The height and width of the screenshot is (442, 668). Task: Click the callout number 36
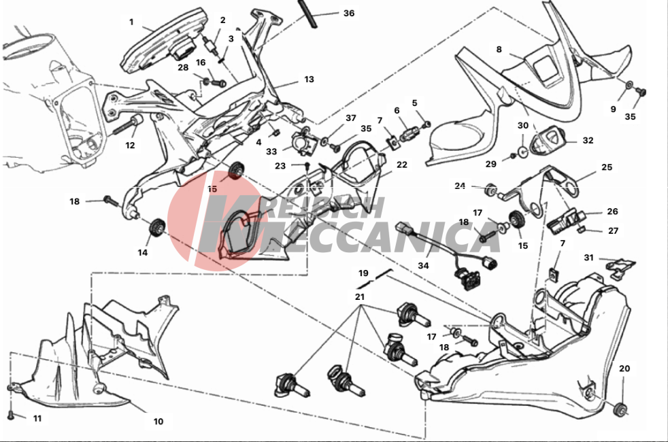348,14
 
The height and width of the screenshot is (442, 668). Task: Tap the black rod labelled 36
307,14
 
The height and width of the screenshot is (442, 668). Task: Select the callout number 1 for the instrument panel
131,22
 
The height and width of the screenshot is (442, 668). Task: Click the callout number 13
309,79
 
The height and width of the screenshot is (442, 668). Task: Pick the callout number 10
158,421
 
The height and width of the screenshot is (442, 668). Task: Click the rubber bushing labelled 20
620,409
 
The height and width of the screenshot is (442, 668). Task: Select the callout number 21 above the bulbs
360,296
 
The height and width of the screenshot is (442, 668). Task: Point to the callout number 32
588,141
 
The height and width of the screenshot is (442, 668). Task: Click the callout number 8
499,50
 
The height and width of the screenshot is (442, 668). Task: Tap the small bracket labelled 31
620,267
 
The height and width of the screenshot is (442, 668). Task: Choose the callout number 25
607,167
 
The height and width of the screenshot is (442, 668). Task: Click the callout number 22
402,165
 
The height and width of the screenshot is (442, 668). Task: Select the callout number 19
363,273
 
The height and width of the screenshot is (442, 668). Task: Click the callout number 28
183,68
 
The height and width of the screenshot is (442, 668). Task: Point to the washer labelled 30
522,151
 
